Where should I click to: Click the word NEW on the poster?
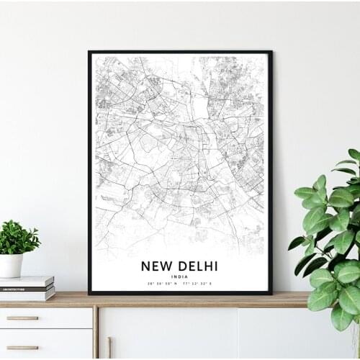click(156, 266)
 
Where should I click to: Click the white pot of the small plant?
click(11, 265)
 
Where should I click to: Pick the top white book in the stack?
click(27, 281)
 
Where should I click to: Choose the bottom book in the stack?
click(27, 294)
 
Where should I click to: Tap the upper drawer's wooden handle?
click(22, 318)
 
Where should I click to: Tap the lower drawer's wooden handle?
click(22, 347)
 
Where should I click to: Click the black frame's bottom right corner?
click(271, 293)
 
